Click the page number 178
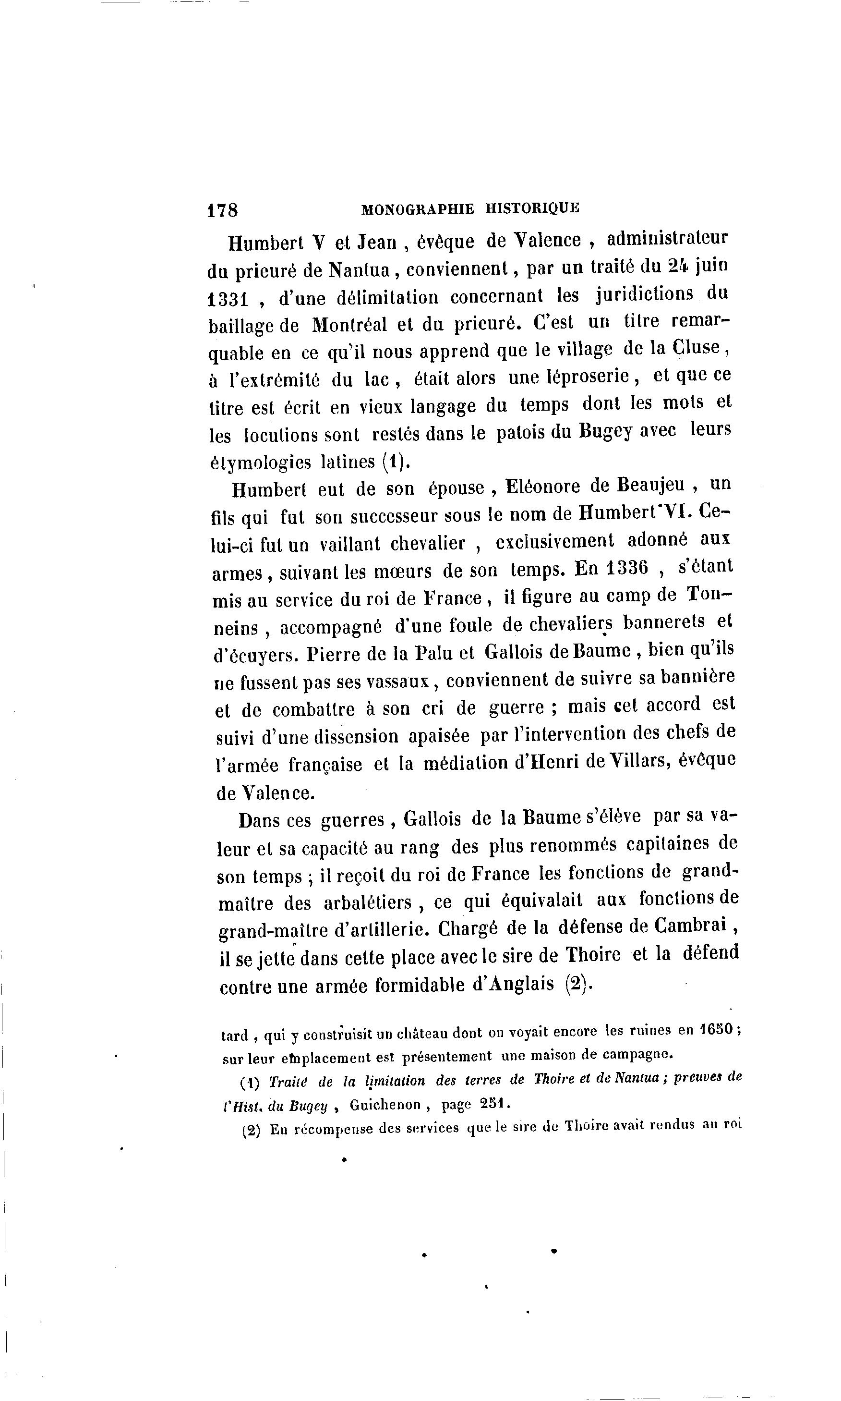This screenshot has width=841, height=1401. coord(223,210)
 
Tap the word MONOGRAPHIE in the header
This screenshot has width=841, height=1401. coord(417,208)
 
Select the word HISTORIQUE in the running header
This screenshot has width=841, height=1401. coord(533,207)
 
